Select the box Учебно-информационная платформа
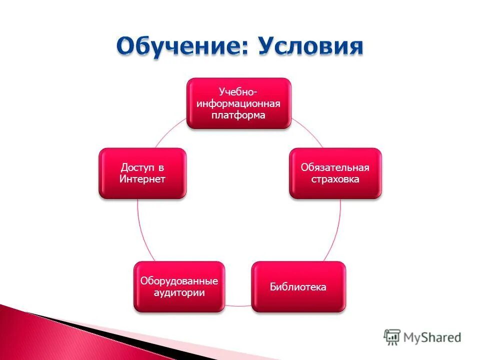point(238,103)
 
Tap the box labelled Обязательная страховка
point(335,173)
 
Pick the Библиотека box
point(298,287)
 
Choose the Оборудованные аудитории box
point(179,287)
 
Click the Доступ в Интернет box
point(142,173)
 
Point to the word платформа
point(238,115)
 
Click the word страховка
point(335,179)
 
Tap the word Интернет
point(142,179)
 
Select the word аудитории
point(179,293)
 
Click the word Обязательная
point(335,167)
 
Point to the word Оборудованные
point(179,281)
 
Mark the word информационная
point(238,103)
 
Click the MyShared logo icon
point(392,337)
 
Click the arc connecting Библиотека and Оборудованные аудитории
point(238,305)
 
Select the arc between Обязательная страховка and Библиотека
point(336,230)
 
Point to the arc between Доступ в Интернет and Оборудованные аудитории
point(141,230)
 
